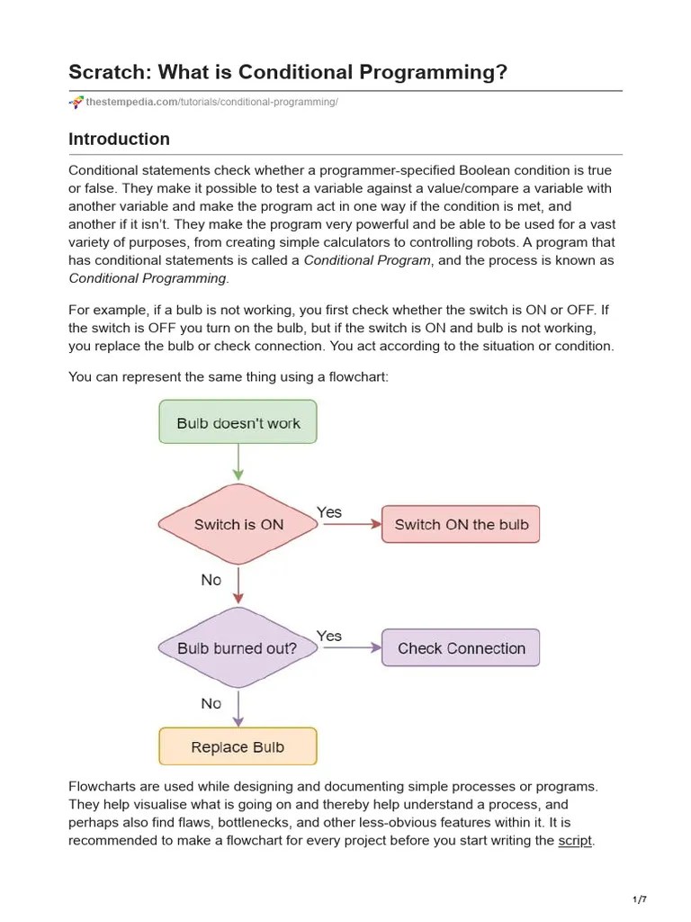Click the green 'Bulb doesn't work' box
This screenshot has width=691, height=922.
tap(238, 422)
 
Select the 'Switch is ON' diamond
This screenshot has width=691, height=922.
tap(238, 525)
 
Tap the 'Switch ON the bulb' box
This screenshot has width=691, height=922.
tap(461, 525)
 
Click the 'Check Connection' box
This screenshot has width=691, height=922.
tap(461, 648)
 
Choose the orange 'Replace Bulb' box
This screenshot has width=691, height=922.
tap(238, 746)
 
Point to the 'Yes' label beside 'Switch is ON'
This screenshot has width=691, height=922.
tap(329, 512)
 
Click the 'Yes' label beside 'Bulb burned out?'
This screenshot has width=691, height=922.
tap(329, 636)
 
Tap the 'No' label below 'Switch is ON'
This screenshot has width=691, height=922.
tap(211, 580)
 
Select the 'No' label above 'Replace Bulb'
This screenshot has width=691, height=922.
tap(211, 703)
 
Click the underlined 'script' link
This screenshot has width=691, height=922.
tap(575, 840)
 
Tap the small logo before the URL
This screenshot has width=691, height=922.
tap(76, 103)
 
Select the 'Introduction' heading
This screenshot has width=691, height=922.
tap(119, 140)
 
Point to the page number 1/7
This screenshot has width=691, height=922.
tap(640, 899)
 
